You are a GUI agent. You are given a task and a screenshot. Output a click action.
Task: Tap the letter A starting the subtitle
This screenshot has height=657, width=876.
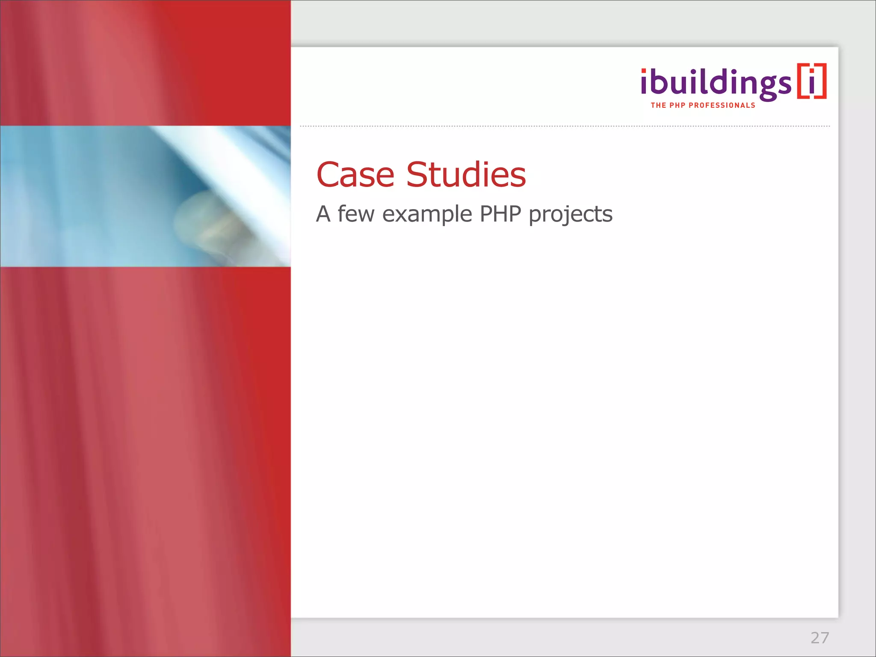[323, 214]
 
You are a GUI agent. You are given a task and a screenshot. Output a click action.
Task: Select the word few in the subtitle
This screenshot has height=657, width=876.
[356, 214]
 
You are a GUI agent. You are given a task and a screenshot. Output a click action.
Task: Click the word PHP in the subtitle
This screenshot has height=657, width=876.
[500, 214]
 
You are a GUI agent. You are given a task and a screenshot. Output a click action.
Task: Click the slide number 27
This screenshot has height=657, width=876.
[820, 638]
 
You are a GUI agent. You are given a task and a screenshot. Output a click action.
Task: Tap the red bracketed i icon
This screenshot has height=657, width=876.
[811, 81]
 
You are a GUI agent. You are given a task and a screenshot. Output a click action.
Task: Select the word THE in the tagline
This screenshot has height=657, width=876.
[658, 105]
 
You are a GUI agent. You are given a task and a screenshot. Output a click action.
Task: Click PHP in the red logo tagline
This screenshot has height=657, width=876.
[677, 105]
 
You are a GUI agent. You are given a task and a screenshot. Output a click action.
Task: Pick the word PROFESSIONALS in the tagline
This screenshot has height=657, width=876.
[722, 105]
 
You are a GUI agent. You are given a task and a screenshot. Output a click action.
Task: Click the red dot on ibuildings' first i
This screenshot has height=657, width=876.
[644, 71]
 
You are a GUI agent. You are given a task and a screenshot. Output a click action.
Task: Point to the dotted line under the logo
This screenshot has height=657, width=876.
[565, 126]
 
